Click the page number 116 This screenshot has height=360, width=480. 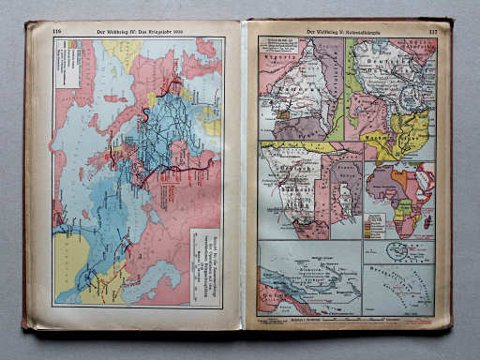point(57,31)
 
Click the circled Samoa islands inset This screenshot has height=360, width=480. point(398,250)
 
